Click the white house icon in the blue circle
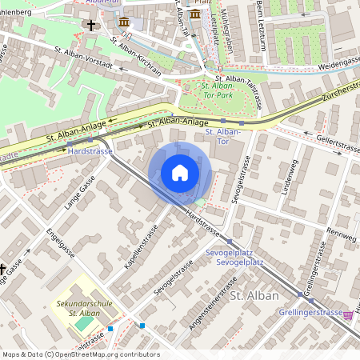pos(180,173)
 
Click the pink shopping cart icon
pos(348,314)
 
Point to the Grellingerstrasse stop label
pos(310,312)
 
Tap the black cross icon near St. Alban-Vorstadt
pos(90,26)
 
